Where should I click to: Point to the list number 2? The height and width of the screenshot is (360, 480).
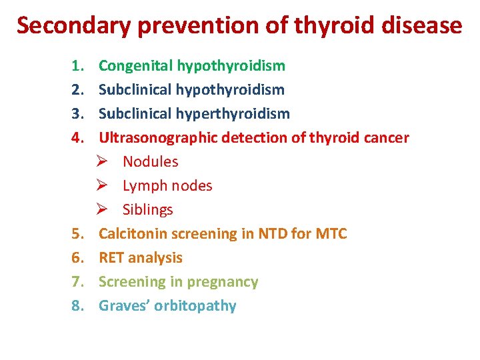pyautogui.click(x=77, y=90)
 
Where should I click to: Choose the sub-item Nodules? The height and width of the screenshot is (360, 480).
pyautogui.click(x=151, y=162)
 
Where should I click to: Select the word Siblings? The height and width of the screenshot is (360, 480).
pyautogui.click(x=148, y=210)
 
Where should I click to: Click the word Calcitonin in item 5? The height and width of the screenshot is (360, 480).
pyautogui.click(x=133, y=234)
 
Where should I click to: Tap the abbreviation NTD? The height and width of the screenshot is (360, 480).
pyautogui.click(x=273, y=234)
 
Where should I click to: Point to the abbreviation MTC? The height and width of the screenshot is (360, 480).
pyautogui.click(x=331, y=234)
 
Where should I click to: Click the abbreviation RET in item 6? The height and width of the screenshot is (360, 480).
pyautogui.click(x=111, y=258)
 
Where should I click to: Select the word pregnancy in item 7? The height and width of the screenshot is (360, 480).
pyautogui.click(x=223, y=282)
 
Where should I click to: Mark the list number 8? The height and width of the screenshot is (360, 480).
pyautogui.click(x=77, y=306)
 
